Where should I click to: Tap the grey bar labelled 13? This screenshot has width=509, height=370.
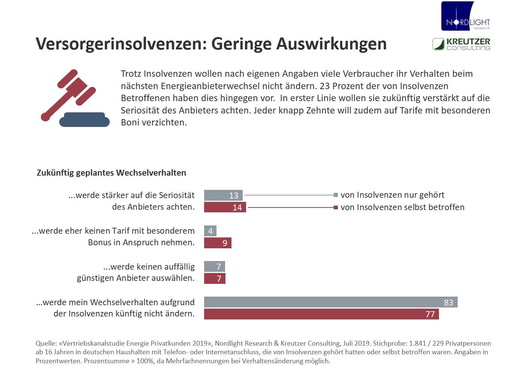pyautogui.click(x=223, y=195)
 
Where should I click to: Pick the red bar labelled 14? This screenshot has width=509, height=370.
pyautogui.click(x=225, y=207)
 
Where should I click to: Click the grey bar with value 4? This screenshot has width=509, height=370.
pyautogui.click(x=210, y=231)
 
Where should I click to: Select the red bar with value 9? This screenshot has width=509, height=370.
pyautogui.click(x=218, y=243)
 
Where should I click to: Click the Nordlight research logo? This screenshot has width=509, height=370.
pyautogui.click(x=466, y=16)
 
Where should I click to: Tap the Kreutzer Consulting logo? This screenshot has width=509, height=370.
pyautogui.click(x=461, y=44)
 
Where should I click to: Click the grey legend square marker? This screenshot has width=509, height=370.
pyautogui.click(x=336, y=195)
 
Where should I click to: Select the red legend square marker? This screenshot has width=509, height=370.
pyautogui.click(x=336, y=207)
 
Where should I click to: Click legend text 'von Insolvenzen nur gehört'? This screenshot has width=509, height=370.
pyautogui.click(x=393, y=195)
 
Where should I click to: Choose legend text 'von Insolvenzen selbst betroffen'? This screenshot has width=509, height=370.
pyautogui.click(x=402, y=207)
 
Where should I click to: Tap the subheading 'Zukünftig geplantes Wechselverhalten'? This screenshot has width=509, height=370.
pyautogui.click(x=111, y=173)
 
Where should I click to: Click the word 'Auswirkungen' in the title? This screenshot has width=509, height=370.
pyautogui.click(x=331, y=44)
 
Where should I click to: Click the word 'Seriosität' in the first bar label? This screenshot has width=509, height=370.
pyautogui.click(x=177, y=195)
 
